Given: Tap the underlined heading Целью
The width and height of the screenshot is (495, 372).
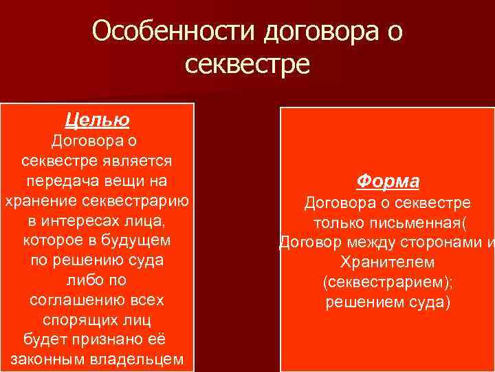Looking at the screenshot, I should point(97,121).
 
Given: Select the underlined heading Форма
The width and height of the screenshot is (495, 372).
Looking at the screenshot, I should point(388,181).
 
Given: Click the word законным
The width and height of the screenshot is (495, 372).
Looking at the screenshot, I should point(49,360).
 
